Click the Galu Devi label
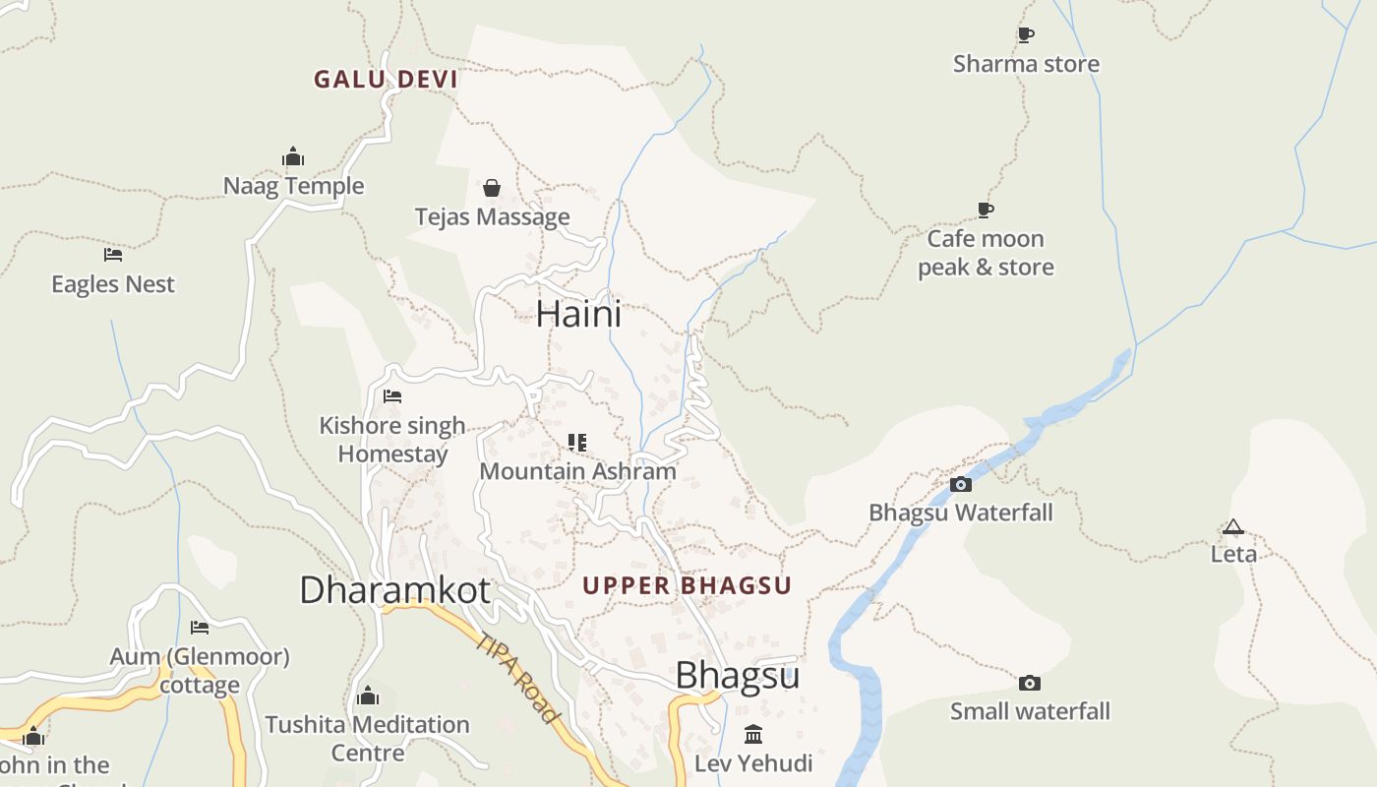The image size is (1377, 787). pyautogui.click(x=386, y=80)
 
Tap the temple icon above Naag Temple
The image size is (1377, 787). pyautogui.click(x=293, y=156)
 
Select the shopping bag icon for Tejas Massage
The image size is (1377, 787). pyautogui.click(x=492, y=188)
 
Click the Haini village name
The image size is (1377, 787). pyautogui.click(x=578, y=314)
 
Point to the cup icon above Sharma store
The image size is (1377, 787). pyautogui.click(x=1026, y=35)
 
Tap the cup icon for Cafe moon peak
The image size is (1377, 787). pyautogui.click(x=986, y=210)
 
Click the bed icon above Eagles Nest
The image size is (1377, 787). pyautogui.click(x=113, y=255)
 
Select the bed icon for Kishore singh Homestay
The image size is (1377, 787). pyautogui.click(x=392, y=396)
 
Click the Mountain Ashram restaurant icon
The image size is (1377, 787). pyautogui.click(x=577, y=443)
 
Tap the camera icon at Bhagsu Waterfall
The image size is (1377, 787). pyautogui.click(x=961, y=484)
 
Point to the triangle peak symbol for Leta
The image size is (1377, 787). pyautogui.click(x=1233, y=526)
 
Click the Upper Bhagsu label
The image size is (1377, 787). pyautogui.click(x=687, y=586)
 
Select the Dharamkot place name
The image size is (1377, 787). pyautogui.click(x=394, y=590)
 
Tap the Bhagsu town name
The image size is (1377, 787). pyautogui.click(x=737, y=676)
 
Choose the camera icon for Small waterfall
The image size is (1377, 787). pyautogui.click(x=1030, y=683)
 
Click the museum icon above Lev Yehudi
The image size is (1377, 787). pyautogui.click(x=753, y=734)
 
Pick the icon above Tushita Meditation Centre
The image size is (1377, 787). pyautogui.click(x=368, y=696)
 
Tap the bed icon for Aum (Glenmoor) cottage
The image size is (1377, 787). pyautogui.click(x=200, y=628)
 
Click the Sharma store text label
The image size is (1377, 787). pyautogui.click(x=1026, y=64)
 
